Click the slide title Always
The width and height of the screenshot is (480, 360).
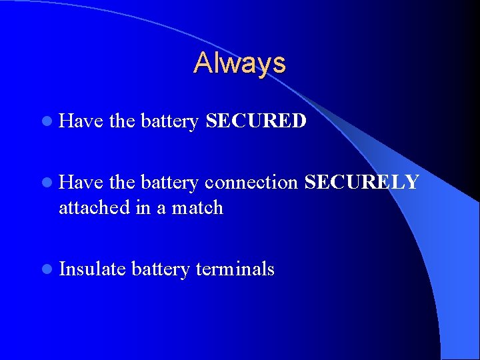(240, 63)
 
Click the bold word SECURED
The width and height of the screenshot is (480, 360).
(256, 121)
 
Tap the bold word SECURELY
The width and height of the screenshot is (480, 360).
(361, 182)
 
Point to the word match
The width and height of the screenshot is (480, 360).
(197, 207)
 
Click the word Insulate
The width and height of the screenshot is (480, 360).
(92, 269)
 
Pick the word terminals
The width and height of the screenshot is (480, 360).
(235, 269)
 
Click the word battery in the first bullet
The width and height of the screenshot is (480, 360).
(169, 121)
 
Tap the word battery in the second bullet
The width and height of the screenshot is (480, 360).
(169, 182)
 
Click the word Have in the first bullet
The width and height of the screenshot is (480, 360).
(80, 121)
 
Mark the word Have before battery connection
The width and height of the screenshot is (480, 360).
(80, 182)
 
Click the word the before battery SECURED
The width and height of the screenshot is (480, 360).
(121, 121)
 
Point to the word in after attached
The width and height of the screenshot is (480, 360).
(143, 207)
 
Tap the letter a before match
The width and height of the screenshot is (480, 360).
(161, 208)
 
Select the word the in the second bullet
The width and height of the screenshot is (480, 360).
(121, 182)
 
